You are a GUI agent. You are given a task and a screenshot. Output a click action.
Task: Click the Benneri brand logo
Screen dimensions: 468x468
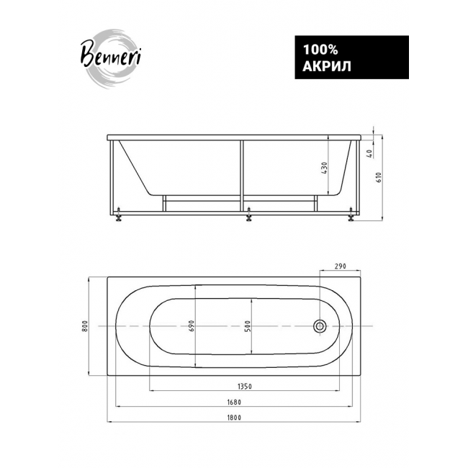tap(111, 58)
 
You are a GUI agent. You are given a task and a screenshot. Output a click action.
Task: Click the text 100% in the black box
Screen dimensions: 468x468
tap(320, 50)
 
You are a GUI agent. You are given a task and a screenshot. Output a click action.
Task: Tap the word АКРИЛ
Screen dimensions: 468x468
tap(327, 66)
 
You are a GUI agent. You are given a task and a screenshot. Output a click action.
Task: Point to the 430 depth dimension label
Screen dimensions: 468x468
tap(325, 168)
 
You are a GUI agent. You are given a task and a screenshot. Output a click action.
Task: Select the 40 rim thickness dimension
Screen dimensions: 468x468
tap(369, 153)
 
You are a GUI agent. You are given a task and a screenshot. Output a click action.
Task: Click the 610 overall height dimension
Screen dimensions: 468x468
tap(379, 178)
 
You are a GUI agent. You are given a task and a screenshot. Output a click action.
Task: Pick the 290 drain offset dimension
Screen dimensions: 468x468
tap(340, 266)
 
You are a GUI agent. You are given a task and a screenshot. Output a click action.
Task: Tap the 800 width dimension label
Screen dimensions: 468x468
tap(85, 326)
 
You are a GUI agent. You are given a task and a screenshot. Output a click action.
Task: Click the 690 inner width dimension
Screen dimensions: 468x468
tap(192, 326)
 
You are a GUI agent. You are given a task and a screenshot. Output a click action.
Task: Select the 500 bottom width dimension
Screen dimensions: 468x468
tap(248, 326)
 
